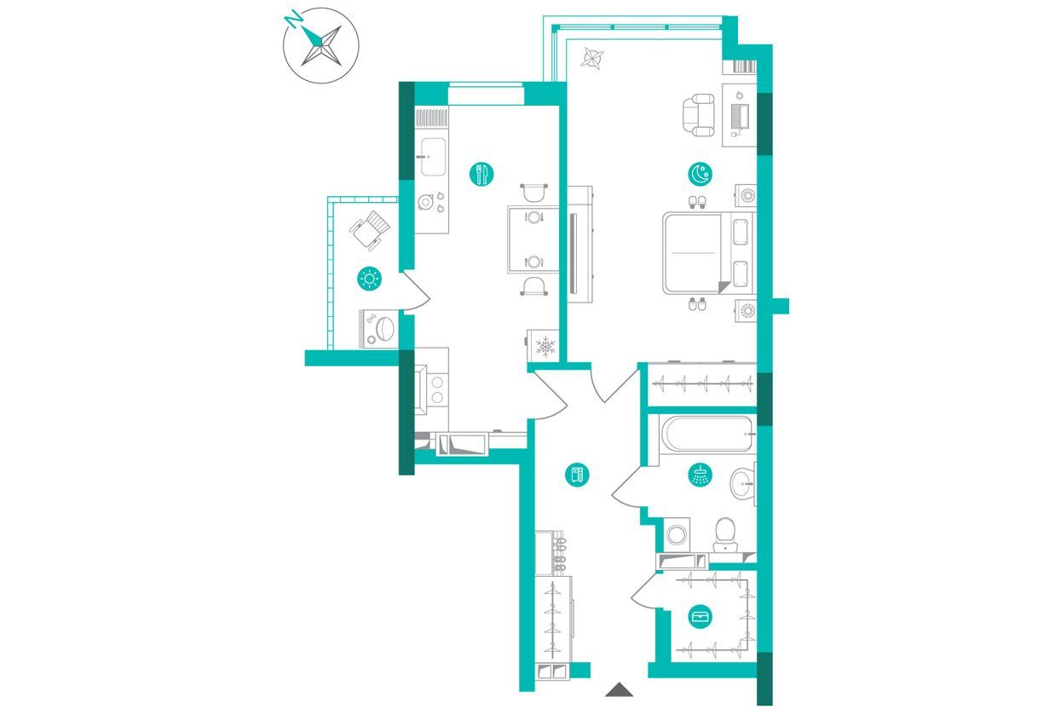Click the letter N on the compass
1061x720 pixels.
coord(293,20)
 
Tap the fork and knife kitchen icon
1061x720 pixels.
coord(481,175)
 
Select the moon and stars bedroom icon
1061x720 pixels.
coord(700,174)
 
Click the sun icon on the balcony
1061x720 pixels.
coord(370,278)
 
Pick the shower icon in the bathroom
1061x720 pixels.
coord(700,475)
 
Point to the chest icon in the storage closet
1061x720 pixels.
coord(700,616)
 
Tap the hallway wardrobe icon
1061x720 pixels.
coord(576,475)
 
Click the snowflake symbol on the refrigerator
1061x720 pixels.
coord(545,346)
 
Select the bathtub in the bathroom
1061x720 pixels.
coord(706,434)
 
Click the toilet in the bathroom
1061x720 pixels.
coord(724,536)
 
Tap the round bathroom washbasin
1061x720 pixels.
coord(742,484)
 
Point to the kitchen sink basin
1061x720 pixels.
coord(434,157)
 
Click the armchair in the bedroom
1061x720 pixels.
coord(698,115)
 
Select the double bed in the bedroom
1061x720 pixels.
coord(707,253)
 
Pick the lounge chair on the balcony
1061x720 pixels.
coord(370,230)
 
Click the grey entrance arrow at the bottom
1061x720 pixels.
coord(619,689)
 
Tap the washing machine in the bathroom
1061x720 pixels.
coord(677,535)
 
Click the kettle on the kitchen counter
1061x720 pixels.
coord(425,202)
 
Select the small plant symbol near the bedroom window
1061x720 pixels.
coord(592,58)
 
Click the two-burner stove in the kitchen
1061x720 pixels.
coord(437,389)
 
